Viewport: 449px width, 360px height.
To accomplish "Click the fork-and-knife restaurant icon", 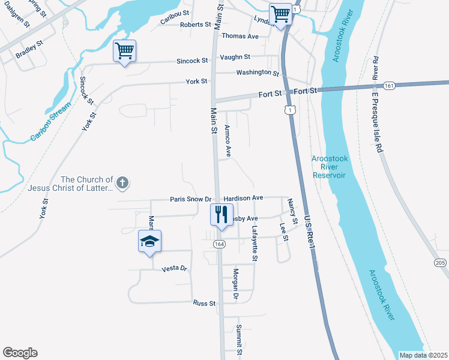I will click(221, 214).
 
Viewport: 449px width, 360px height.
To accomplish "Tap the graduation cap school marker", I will click(149, 241).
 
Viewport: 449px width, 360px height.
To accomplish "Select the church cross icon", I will click(122, 182).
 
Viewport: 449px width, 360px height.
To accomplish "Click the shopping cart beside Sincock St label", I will click(124, 51).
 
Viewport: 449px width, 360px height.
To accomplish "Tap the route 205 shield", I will click(439, 263).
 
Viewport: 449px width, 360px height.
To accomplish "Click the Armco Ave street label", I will click(228, 141).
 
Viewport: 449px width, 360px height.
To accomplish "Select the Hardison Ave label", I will click(243, 197).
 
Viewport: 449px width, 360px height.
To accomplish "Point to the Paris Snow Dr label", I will click(191, 199).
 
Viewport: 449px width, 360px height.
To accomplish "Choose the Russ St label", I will click(204, 304).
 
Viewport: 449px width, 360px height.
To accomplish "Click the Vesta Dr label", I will click(175, 269).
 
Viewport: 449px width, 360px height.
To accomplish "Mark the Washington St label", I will click(258, 73).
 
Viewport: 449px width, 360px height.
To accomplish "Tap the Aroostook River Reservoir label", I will click(329, 167).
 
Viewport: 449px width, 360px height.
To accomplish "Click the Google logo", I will click(20, 353).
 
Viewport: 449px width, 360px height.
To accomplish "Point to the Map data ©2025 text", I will click(423, 355).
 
